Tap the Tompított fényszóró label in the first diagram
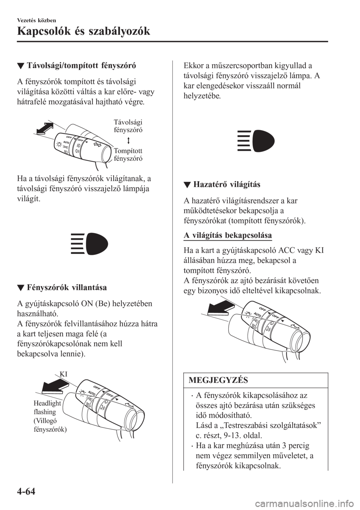(128, 154)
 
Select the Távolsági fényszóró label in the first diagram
(127, 125)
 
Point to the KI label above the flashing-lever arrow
(63, 373)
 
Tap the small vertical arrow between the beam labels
(127, 139)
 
